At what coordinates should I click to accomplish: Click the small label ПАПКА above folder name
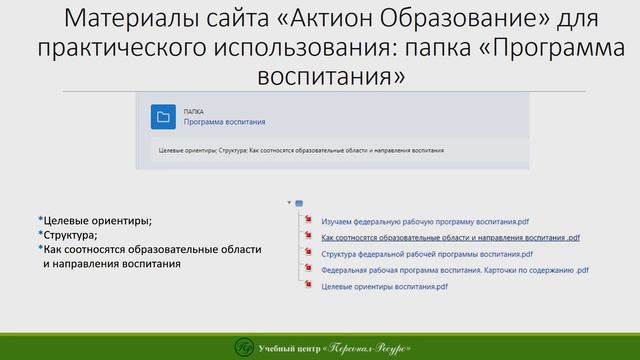click(193, 110)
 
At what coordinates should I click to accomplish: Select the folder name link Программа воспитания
click(224, 123)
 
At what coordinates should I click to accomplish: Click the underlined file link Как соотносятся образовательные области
click(450, 238)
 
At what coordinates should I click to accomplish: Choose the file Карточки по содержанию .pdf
click(455, 270)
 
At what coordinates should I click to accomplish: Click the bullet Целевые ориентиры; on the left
click(96, 219)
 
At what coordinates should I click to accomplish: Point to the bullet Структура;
click(69, 234)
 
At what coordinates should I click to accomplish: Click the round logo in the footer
click(241, 346)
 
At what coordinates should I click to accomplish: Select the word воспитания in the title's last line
click(319, 75)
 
